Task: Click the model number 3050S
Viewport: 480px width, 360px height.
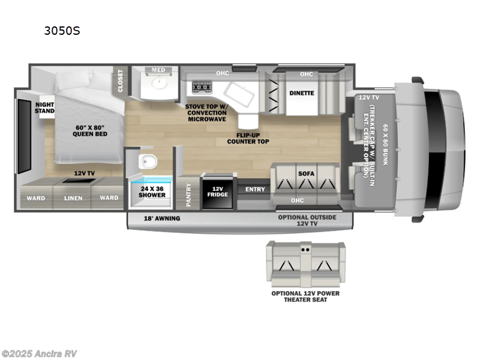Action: [x=62, y=29]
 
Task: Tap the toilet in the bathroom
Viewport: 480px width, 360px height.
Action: [x=147, y=161]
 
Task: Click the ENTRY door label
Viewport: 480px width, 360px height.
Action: [x=255, y=190]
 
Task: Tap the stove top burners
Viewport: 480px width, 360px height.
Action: [x=199, y=88]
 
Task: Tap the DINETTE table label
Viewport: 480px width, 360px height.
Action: [x=302, y=93]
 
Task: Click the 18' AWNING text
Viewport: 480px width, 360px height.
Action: [x=162, y=218]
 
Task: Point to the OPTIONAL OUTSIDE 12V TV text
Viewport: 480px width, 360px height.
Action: [x=311, y=220]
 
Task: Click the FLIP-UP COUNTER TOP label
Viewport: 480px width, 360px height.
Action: [x=248, y=138]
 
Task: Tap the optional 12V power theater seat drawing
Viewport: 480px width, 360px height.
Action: [x=306, y=263]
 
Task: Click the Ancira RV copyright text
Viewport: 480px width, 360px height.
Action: [x=39, y=353]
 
